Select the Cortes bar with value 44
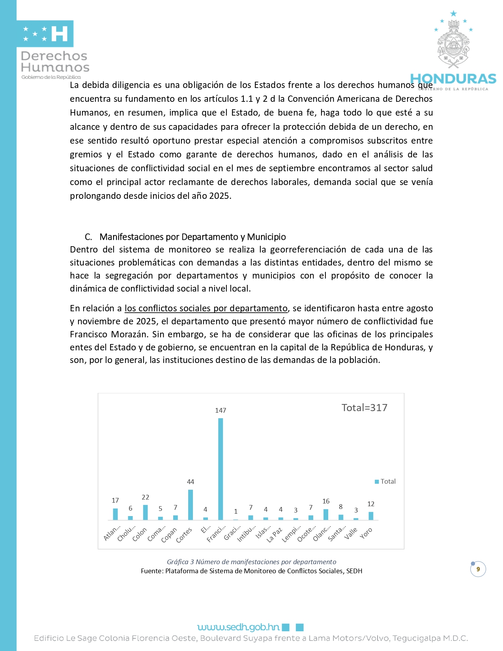click(191, 505)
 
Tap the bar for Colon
click(145, 512)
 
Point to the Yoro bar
click(371, 516)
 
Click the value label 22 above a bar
click(145, 497)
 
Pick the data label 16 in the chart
click(326, 501)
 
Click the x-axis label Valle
click(350, 533)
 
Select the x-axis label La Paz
click(274, 535)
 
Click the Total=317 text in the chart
click(364, 408)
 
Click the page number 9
click(478, 569)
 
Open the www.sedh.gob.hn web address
click(238, 627)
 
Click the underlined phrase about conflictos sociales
click(206, 308)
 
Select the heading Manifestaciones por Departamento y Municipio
click(193, 237)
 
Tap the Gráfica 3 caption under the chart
click(251, 561)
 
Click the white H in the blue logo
click(60, 34)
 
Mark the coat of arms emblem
click(453, 43)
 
